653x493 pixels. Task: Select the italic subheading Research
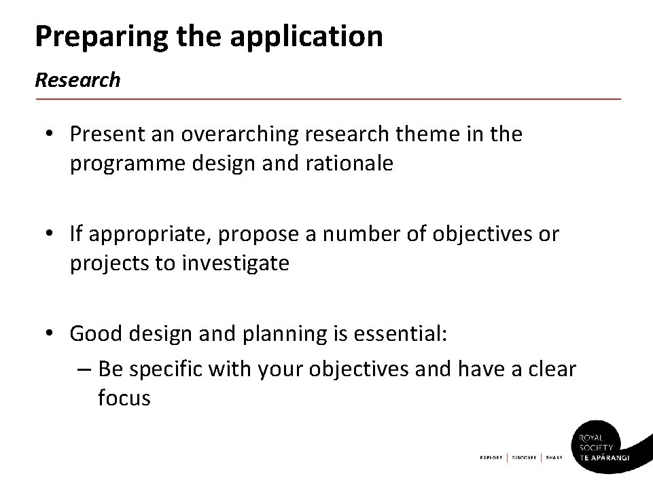coord(77,80)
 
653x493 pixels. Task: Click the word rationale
coord(350,164)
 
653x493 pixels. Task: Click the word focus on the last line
coord(124,398)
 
